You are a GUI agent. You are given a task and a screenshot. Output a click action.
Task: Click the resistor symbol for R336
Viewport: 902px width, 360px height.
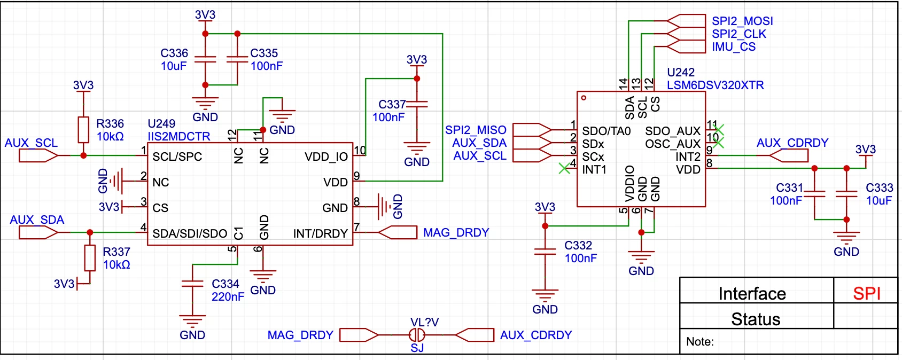83,130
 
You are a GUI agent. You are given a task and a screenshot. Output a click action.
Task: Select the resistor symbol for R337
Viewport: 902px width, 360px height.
90,258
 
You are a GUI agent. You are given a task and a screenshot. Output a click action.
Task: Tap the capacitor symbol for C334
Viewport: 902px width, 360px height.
192,284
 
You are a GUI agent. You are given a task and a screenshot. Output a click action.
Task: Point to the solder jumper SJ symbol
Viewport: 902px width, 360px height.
417,335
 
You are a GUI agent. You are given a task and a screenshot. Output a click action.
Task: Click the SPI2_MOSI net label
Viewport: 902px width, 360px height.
742,21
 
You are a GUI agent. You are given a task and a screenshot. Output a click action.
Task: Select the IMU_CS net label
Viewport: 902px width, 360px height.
733,46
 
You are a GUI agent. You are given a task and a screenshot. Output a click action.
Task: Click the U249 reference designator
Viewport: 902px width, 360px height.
161,123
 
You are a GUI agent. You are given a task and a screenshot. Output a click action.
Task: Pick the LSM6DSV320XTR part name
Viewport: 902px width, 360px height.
715,85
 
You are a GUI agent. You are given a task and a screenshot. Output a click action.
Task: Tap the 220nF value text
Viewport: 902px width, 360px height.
228,297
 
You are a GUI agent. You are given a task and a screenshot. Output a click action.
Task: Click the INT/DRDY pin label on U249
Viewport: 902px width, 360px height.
320,233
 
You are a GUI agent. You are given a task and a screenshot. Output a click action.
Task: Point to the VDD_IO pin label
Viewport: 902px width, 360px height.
326,157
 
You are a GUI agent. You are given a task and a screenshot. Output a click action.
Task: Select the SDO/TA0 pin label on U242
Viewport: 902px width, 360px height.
606,131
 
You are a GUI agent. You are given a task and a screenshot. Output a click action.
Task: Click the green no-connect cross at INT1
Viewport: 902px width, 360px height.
565,168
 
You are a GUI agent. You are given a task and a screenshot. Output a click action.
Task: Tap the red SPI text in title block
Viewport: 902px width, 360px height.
867,294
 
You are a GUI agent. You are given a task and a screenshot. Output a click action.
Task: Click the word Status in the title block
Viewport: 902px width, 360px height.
756,319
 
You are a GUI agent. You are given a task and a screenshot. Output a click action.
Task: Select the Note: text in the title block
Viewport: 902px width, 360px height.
700,342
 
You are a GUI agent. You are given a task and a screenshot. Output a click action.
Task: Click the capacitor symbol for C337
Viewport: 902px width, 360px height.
417,105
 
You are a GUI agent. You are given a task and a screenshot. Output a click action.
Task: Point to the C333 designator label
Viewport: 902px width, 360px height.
880,188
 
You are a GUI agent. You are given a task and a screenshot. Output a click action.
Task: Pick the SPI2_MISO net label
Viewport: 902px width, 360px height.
476,130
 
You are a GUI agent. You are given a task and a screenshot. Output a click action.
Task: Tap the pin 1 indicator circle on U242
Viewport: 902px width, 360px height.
584,98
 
